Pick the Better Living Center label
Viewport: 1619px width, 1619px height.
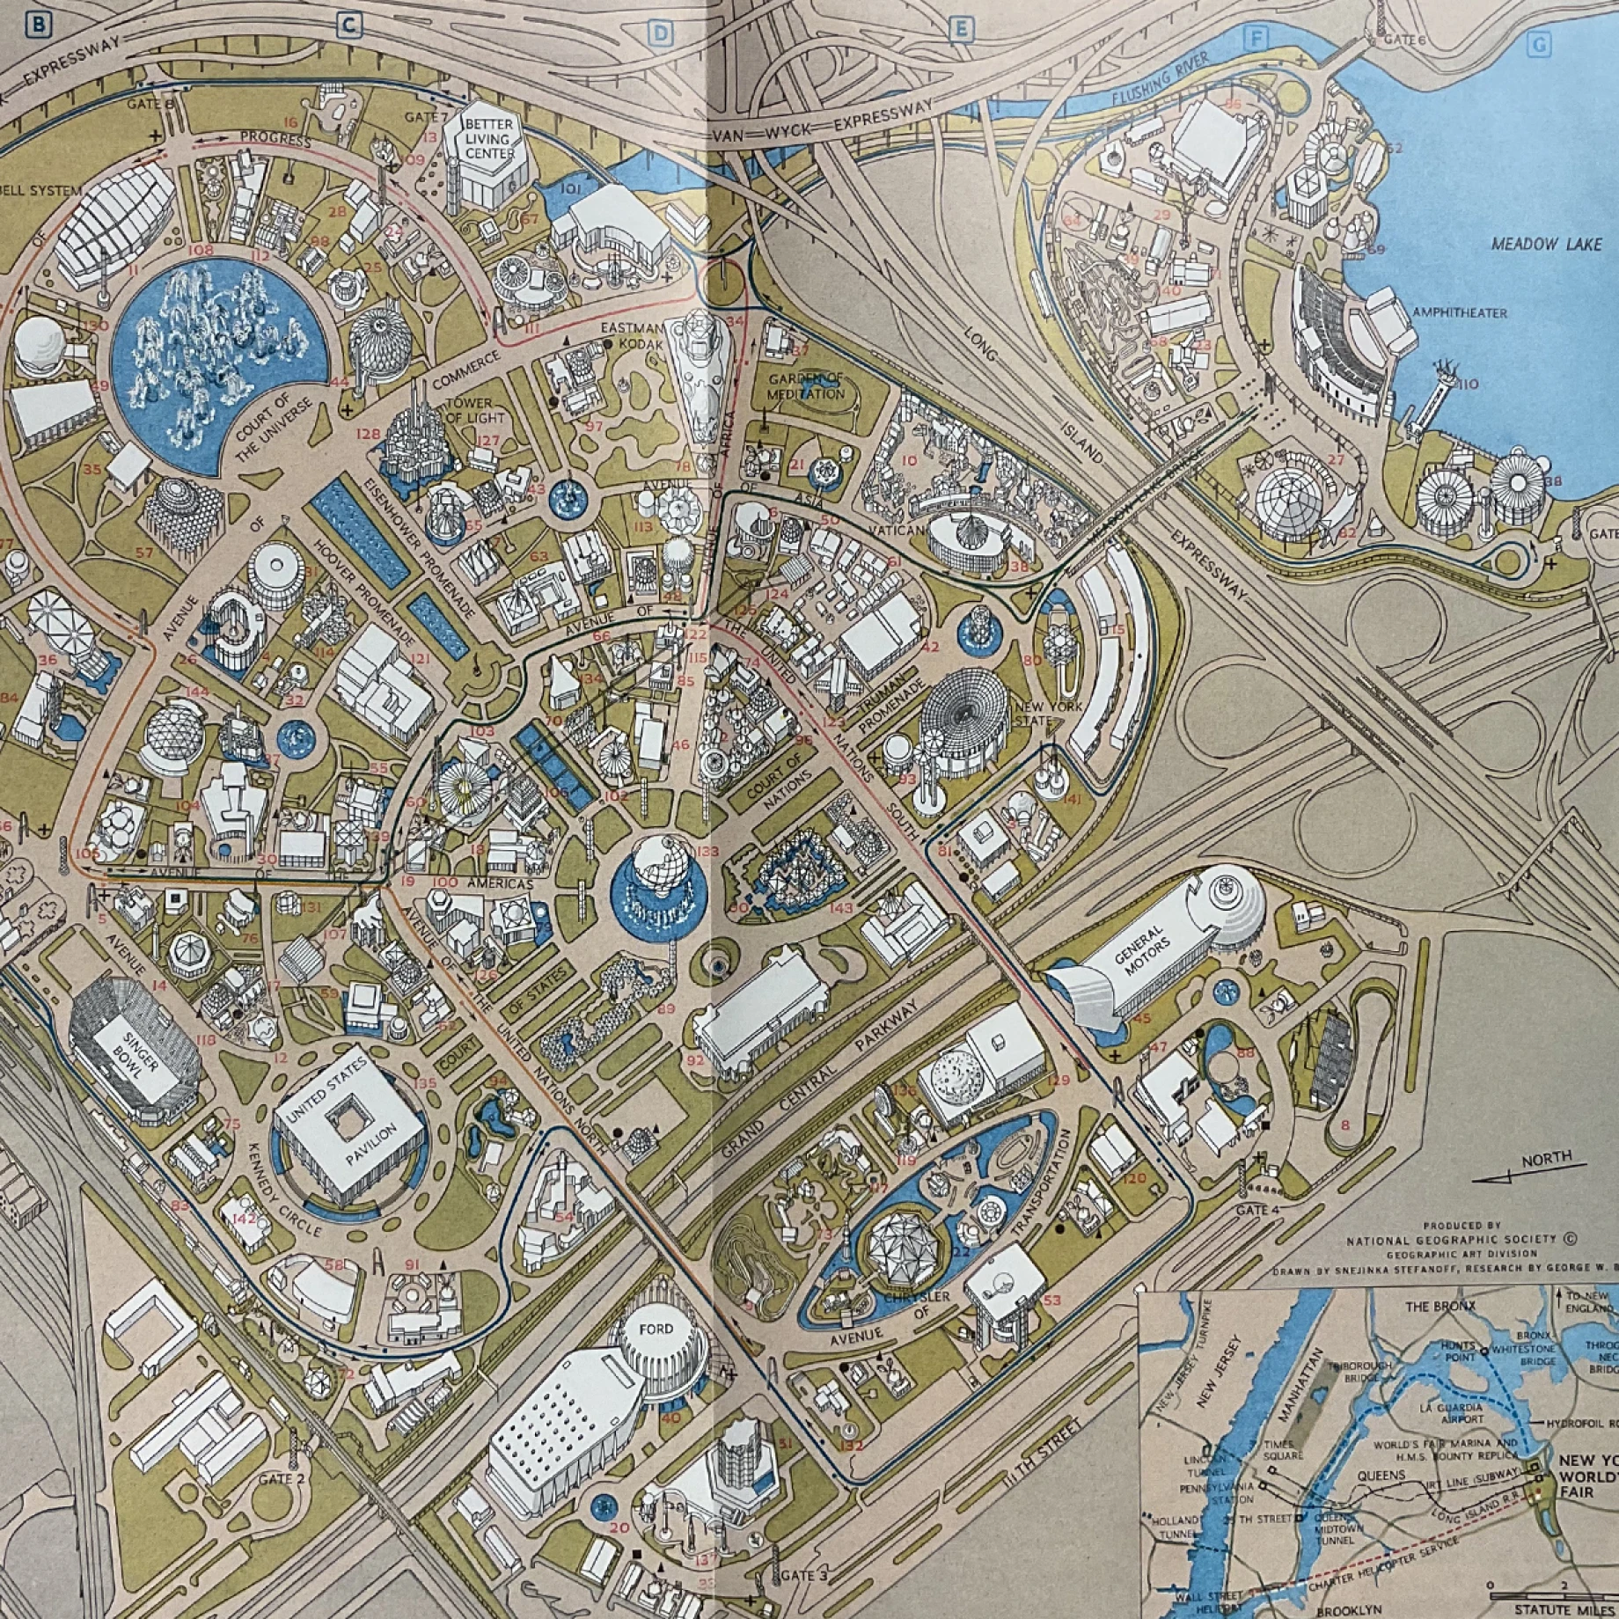[489, 138]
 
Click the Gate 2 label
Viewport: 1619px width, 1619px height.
[282, 1478]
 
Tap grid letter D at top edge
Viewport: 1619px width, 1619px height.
[660, 33]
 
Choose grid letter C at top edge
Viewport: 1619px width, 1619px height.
[349, 26]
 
